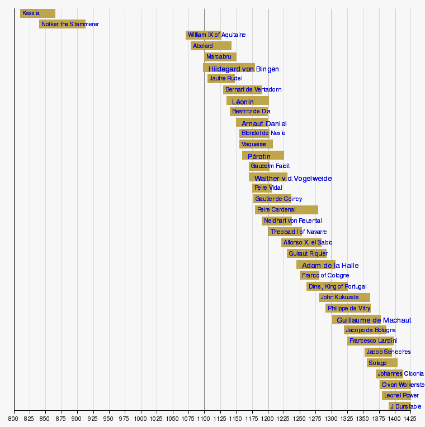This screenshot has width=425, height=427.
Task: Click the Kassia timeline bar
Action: click(37, 13)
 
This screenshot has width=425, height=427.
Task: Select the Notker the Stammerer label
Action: click(70, 25)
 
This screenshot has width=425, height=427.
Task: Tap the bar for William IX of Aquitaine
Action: click(203, 35)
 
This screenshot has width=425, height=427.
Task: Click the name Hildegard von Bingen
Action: click(243, 69)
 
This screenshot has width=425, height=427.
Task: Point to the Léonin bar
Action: click(248, 101)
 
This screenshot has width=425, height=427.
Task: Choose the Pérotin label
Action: click(259, 156)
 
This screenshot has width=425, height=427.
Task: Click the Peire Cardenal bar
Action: click(286, 210)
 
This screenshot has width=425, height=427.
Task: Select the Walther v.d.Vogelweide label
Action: click(293, 179)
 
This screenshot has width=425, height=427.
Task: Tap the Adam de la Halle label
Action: click(330, 266)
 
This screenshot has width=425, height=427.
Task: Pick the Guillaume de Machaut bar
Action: click(356, 320)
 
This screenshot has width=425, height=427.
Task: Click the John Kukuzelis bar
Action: click(344, 298)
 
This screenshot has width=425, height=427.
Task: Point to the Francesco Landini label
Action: click(373, 340)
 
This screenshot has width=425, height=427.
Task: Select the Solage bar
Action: click(382, 363)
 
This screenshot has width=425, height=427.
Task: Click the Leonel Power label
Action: click(401, 396)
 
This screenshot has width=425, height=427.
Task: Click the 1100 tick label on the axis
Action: click(204, 418)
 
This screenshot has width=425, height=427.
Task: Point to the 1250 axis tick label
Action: click(300, 418)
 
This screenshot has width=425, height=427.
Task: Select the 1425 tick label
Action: click(411, 418)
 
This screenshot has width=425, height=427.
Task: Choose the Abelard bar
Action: click(211, 46)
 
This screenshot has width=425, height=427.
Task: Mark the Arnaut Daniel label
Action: click(263, 124)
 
